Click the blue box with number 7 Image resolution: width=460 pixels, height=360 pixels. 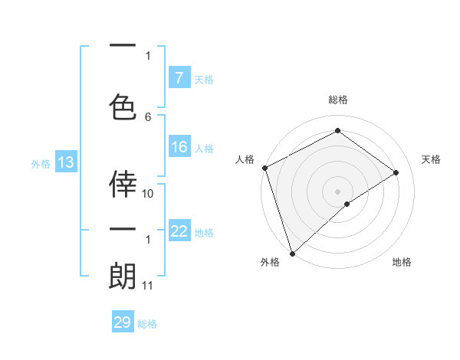click(x=179, y=77)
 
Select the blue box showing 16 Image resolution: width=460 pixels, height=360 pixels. click(x=179, y=147)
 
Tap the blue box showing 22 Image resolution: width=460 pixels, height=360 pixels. click(x=179, y=231)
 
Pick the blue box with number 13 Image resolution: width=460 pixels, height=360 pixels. click(x=65, y=162)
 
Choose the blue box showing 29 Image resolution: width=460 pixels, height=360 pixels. click(x=123, y=322)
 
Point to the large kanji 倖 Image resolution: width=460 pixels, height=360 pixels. click(x=123, y=185)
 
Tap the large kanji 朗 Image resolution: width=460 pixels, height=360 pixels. click(x=123, y=277)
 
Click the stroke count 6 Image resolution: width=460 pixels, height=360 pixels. click(x=148, y=116)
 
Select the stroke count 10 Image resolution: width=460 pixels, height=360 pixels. click(x=148, y=194)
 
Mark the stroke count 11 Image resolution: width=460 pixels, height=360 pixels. click(x=148, y=286)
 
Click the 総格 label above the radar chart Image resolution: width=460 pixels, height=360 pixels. click(x=337, y=100)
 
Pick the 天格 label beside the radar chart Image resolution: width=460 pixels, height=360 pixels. click(x=432, y=159)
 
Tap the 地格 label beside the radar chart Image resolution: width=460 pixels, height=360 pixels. click(x=402, y=262)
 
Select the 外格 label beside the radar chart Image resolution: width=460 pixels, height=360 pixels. click(x=270, y=262)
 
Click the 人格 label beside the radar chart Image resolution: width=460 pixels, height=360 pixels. click(x=245, y=159)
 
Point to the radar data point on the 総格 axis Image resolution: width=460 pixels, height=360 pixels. click(x=337, y=132)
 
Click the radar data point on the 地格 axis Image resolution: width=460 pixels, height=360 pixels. click(x=347, y=204)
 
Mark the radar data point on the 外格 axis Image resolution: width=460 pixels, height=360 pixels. click(x=292, y=253)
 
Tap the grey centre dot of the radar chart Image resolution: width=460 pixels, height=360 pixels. click(x=337, y=190)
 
